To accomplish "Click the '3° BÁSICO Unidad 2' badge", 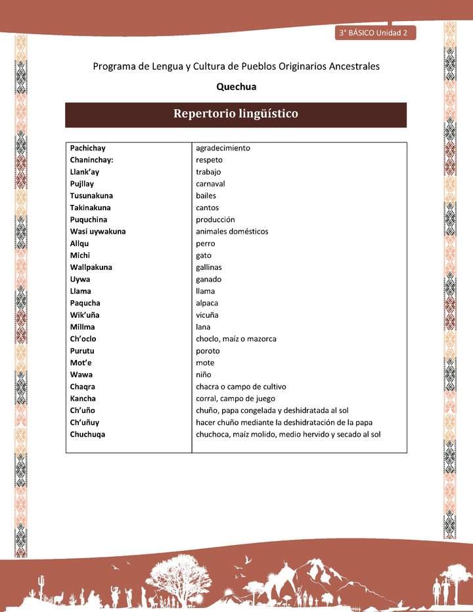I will (x=374, y=32).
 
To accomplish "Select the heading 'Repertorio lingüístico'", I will (x=235, y=114).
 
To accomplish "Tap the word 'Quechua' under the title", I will (x=236, y=86).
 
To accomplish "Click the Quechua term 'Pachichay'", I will (x=87, y=148).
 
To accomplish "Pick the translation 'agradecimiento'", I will (x=223, y=148).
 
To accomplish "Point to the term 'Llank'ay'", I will (x=85, y=172).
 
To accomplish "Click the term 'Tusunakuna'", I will (x=91, y=196).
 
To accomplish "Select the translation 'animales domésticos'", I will (x=232, y=232).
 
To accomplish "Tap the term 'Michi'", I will (x=80, y=255).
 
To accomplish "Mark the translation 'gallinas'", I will (x=210, y=267).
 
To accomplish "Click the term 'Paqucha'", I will (x=85, y=303).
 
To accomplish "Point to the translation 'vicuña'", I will (x=207, y=315).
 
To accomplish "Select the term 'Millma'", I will (x=82, y=327).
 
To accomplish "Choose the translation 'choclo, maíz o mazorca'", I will (x=236, y=339).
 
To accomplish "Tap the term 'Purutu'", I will (x=83, y=351).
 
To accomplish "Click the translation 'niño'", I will (x=203, y=375).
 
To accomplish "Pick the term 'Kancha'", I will (x=83, y=399).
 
